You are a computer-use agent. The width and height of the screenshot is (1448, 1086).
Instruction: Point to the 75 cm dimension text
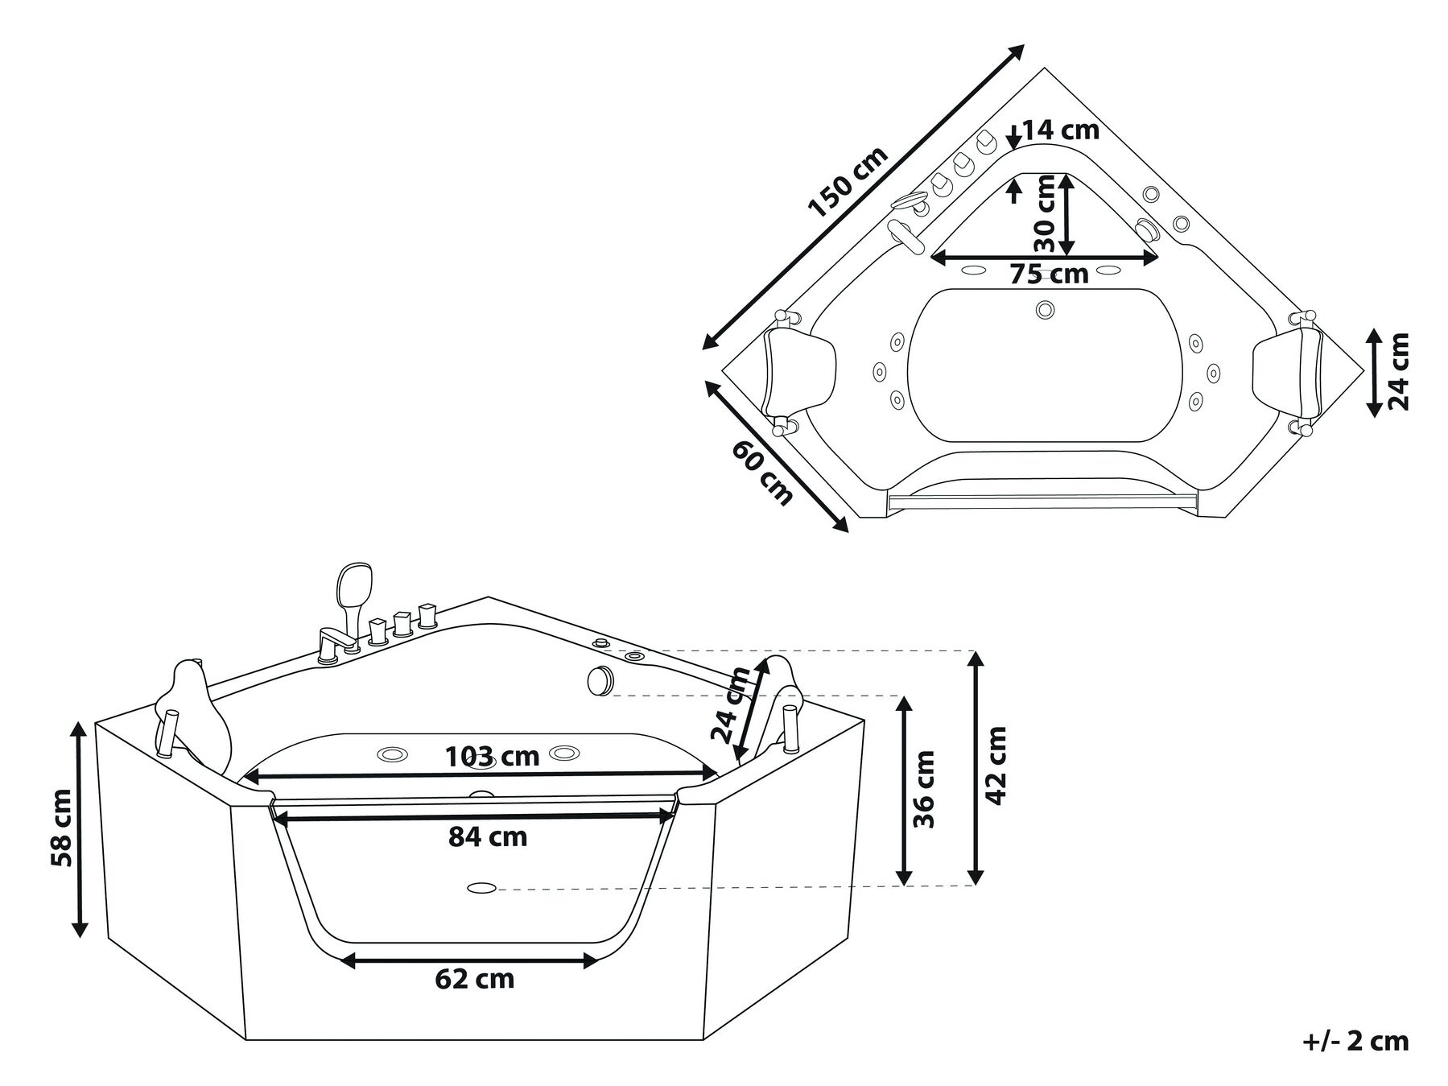[1049, 275]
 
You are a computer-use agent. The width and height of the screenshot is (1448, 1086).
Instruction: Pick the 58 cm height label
[61, 828]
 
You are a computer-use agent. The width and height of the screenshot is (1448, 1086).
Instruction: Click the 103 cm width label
[492, 756]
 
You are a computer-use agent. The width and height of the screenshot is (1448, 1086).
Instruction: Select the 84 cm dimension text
[488, 837]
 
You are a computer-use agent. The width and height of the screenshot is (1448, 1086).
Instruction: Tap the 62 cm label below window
[474, 979]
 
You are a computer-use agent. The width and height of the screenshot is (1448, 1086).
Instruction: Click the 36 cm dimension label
[925, 789]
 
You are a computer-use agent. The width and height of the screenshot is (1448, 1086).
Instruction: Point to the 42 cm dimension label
[996, 765]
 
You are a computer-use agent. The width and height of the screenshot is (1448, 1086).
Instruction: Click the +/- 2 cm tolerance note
[1355, 1041]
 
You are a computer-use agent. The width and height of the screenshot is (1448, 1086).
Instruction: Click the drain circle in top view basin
[1046, 309]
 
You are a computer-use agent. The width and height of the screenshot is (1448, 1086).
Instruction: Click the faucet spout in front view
[333, 640]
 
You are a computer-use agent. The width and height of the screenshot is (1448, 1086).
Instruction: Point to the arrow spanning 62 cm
[469, 960]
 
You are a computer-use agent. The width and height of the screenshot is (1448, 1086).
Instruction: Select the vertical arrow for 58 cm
[80, 829]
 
